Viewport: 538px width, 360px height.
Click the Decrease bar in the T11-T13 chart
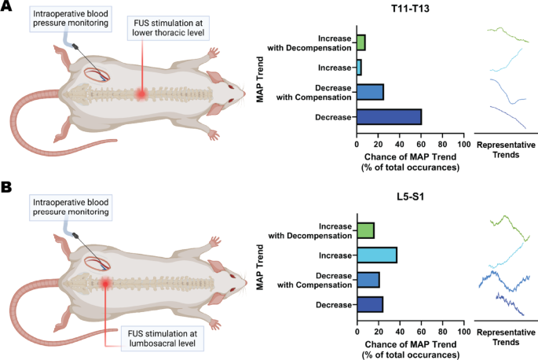[x=389, y=117]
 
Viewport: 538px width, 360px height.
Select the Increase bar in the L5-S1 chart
[x=376, y=255]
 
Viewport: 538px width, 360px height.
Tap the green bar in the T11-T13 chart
[x=360, y=42]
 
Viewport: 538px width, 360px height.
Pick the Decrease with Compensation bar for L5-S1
[x=368, y=280]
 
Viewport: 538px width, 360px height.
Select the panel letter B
[x=7, y=188]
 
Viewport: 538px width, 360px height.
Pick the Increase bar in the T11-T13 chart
[x=359, y=68]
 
